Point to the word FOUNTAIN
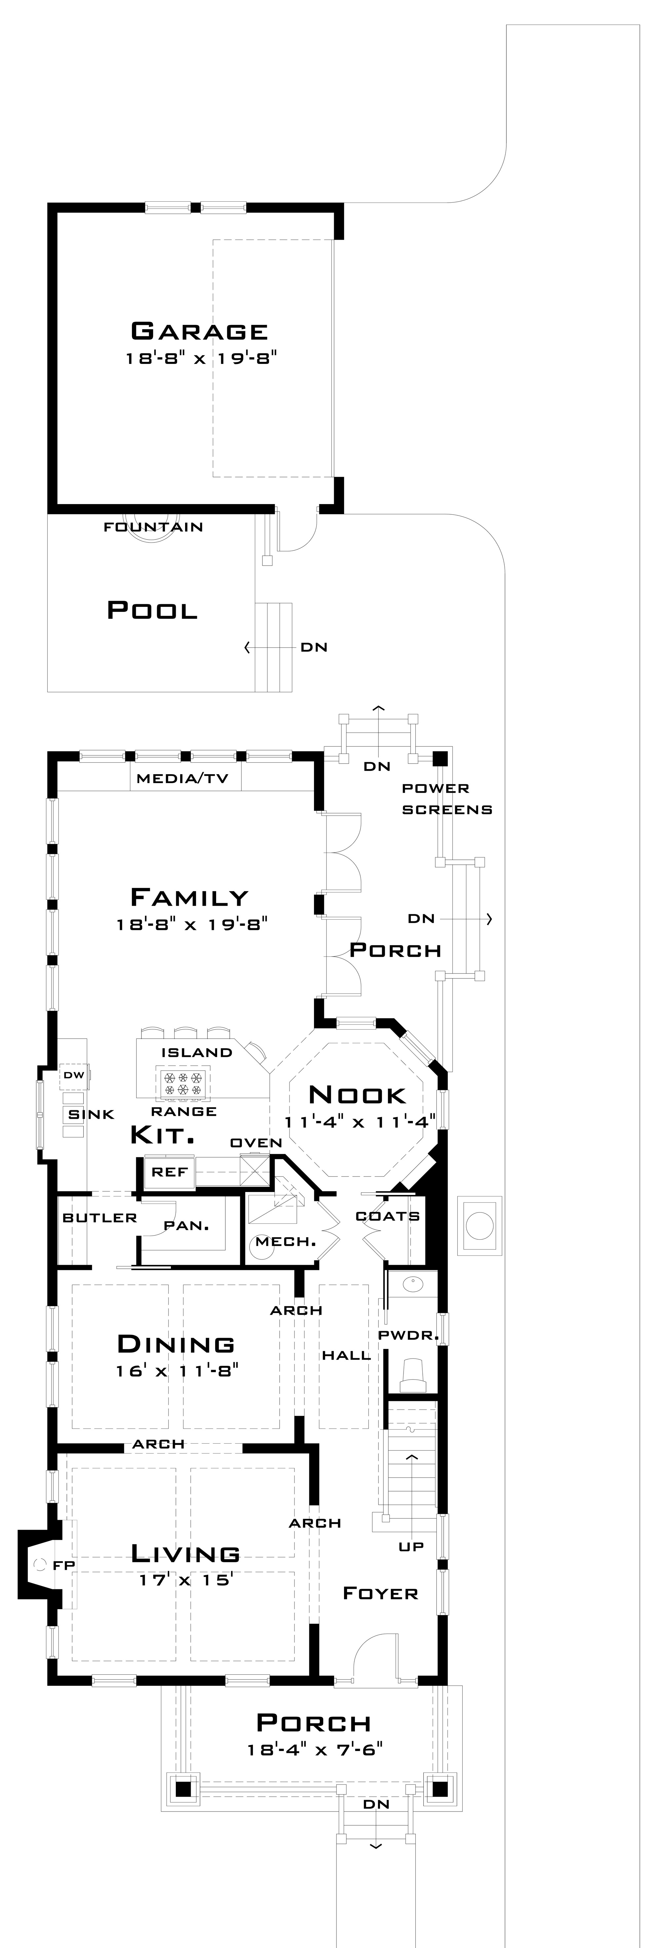(154, 527)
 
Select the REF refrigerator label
(170, 1172)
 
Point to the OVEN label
(256, 1143)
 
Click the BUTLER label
(100, 1217)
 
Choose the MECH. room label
(285, 1242)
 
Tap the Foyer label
(380, 1593)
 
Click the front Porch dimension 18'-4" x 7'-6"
(315, 1749)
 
